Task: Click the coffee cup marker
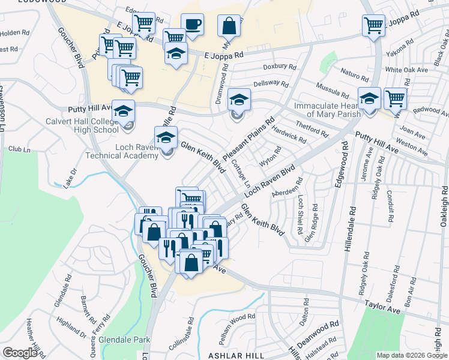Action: click(x=192, y=25)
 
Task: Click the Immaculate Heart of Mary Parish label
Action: click(x=327, y=110)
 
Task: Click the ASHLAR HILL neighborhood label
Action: click(x=236, y=355)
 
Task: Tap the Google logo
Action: click(x=20, y=353)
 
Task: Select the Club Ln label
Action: click(x=20, y=149)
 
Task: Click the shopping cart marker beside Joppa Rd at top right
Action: click(x=373, y=26)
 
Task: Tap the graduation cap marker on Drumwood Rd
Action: click(x=238, y=99)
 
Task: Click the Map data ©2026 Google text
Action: click(x=412, y=355)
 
